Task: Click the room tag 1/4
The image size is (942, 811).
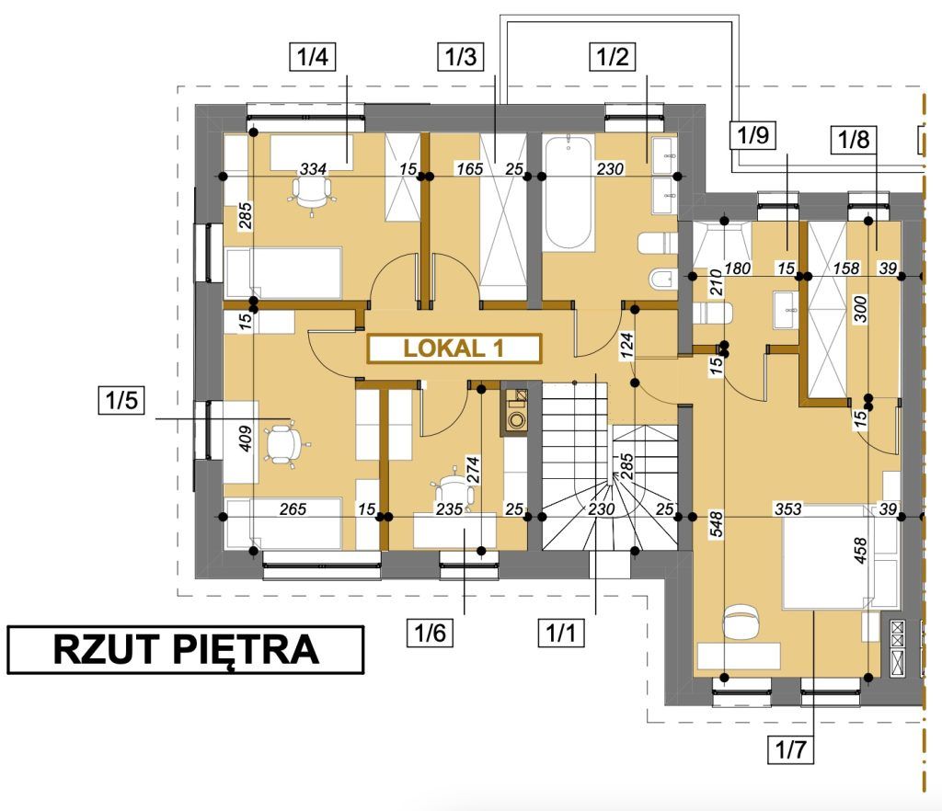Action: pyautogui.click(x=313, y=57)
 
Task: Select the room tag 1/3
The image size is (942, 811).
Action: pyautogui.click(x=461, y=57)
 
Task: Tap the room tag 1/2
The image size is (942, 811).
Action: pyautogui.click(x=612, y=57)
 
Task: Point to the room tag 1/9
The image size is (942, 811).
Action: pyautogui.click(x=752, y=135)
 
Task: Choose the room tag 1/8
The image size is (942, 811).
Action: pyautogui.click(x=854, y=139)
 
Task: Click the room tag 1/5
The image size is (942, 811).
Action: pyautogui.click(x=122, y=400)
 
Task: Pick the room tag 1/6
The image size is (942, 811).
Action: pyautogui.click(x=431, y=633)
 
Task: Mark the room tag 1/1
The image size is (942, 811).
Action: pyautogui.click(x=560, y=633)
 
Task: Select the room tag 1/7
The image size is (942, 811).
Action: pyautogui.click(x=790, y=749)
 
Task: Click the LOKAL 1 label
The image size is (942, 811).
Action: pyautogui.click(x=454, y=348)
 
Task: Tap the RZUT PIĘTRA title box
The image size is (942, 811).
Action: pyautogui.click(x=186, y=650)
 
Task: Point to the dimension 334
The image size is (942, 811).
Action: pyautogui.click(x=313, y=169)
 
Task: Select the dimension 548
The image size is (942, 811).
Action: pyautogui.click(x=716, y=524)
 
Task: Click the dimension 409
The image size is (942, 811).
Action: pyautogui.click(x=245, y=439)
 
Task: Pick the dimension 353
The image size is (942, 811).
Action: pyautogui.click(x=787, y=509)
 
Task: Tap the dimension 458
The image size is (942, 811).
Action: pyautogui.click(x=860, y=551)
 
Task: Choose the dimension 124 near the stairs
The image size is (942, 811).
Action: pyautogui.click(x=626, y=346)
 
